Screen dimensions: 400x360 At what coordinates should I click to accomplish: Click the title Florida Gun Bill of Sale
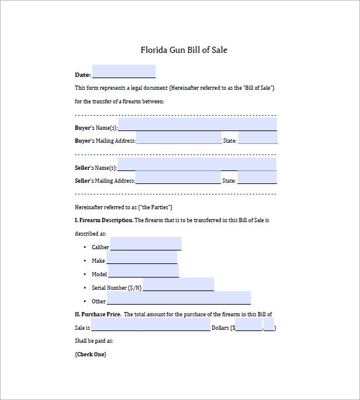(184, 50)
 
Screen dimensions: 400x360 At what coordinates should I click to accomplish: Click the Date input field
(124, 71)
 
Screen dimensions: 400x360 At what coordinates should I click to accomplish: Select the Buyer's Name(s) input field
(197, 124)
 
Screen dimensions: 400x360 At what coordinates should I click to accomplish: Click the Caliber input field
(146, 244)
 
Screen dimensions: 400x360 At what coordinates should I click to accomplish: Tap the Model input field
(143, 271)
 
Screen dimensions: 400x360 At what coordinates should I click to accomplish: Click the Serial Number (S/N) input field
(178, 284)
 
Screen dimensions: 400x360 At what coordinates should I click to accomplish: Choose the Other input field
(179, 298)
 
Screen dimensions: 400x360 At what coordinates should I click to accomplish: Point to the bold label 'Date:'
(82, 75)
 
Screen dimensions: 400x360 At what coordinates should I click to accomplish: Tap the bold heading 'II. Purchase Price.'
(97, 314)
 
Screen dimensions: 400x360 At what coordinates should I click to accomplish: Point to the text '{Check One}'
(90, 354)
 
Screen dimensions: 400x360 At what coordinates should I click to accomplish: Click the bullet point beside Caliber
(84, 247)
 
